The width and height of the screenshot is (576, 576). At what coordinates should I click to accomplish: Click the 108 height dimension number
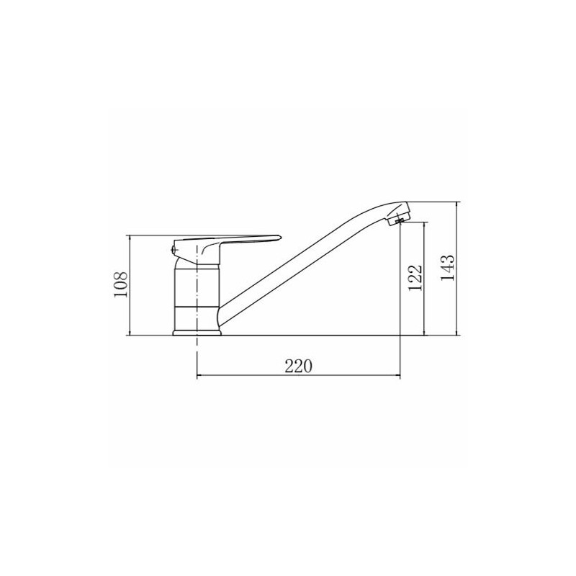(x=120, y=285)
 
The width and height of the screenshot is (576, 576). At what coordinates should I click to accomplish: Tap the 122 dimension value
(x=415, y=278)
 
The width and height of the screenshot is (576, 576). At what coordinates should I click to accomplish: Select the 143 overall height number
(x=447, y=268)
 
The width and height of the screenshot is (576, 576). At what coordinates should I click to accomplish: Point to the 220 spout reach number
(x=298, y=366)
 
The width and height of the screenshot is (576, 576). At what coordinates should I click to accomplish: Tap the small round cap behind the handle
(x=174, y=251)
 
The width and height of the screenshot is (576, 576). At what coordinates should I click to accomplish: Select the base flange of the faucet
(x=197, y=333)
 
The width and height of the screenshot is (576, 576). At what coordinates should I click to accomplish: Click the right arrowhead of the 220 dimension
(x=397, y=375)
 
